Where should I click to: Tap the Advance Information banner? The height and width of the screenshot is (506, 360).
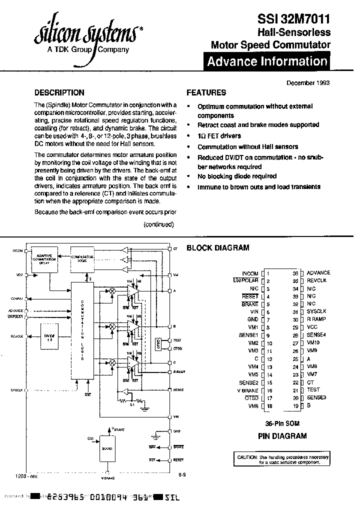[x=267, y=62]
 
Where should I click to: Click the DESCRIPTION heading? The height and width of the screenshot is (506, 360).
[x=58, y=92]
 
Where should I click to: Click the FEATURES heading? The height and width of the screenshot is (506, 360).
[x=206, y=92]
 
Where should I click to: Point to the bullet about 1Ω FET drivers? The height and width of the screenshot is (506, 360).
[x=219, y=136]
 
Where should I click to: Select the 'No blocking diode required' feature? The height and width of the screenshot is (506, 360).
[x=236, y=176]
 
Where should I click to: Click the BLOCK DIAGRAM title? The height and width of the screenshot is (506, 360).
[x=217, y=248]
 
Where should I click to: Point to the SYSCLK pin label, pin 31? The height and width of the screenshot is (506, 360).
[x=316, y=311]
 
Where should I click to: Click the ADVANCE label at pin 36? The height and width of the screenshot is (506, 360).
[x=318, y=273]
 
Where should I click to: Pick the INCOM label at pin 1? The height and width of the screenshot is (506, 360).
[x=250, y=273]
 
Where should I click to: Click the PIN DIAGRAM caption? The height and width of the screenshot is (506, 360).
[x=282, y=436]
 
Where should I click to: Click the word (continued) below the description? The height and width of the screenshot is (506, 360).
[x=159, y=224]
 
